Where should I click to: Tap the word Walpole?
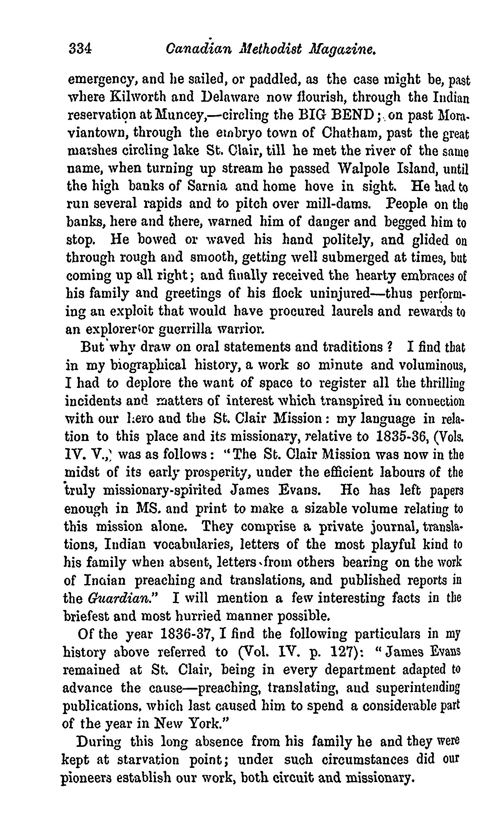360,169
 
